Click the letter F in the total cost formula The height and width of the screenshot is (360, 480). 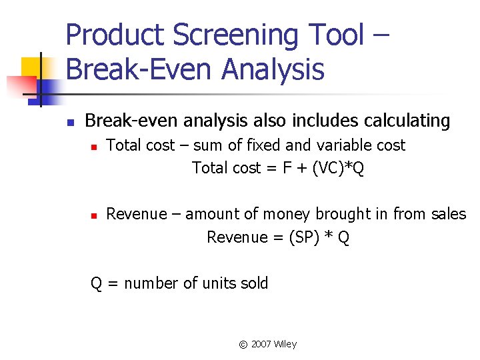(287, 168)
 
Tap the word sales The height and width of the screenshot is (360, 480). (449, 214)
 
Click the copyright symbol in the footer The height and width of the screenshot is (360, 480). (243, 345)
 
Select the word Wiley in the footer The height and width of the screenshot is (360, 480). (285, 344)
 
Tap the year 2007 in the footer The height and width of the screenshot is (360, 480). (261, 345)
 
